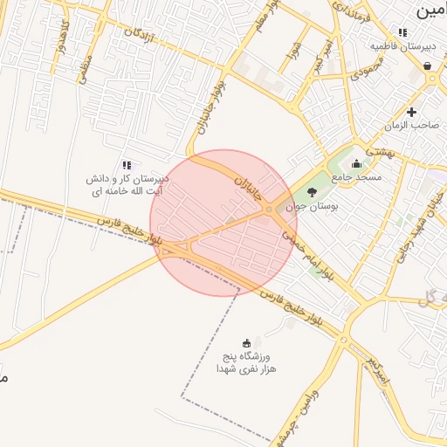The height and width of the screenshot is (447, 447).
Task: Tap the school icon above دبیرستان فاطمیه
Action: (x=402, y=32)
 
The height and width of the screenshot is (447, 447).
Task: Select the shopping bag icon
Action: (x=427, y=65)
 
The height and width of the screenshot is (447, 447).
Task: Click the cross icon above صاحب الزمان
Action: (x=411, y=112)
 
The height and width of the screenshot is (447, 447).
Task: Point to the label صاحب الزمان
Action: (x=415, y=126)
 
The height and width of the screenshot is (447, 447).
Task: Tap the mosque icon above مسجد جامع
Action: (x=355, y=163)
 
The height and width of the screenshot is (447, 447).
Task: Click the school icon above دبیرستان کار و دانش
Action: (x=127, y=165)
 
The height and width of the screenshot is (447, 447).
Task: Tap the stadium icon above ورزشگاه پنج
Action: (x=247, y=342)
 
